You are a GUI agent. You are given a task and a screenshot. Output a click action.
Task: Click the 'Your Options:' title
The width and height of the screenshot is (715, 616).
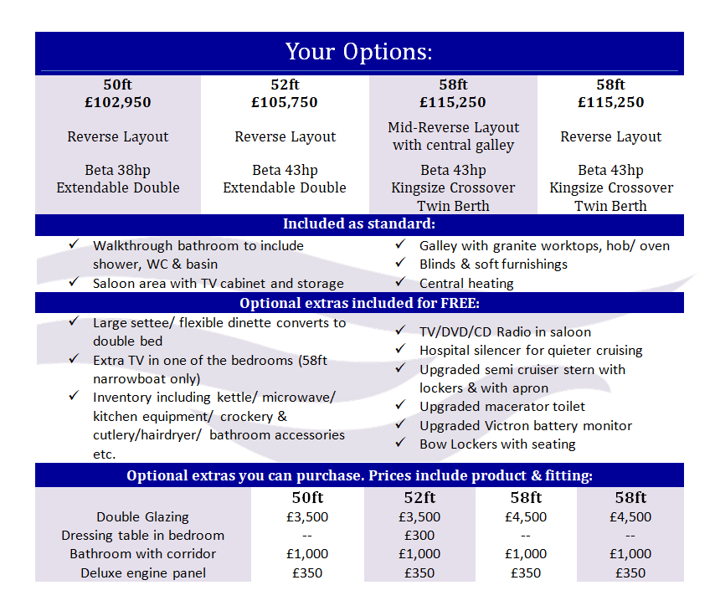[x=359, y=52]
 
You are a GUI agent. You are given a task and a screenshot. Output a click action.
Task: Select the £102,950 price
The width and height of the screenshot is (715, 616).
[x=117, y=103]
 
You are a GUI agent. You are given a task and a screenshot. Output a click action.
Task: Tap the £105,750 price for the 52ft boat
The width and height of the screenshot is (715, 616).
[x=285, y=103]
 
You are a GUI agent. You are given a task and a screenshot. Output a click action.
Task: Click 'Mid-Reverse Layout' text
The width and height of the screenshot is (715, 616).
[x=453, y=127]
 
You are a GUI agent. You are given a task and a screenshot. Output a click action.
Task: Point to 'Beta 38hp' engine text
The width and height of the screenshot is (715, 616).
[x=117, y=170]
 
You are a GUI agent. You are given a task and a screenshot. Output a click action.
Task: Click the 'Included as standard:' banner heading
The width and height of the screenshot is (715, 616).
[x=359, y=224]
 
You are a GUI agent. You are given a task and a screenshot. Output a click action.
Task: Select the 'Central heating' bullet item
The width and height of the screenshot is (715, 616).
[x=466, y=283]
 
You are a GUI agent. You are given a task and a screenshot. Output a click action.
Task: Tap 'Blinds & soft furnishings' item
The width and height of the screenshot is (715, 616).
[x=493, y=264]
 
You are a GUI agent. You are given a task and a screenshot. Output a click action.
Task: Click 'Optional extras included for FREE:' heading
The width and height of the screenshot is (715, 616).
[x=359, y=303]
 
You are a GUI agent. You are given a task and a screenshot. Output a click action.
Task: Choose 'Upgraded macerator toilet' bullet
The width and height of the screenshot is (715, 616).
[x=502, y=407]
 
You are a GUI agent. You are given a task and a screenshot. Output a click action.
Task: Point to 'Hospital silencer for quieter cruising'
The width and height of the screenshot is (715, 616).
[x=531, y=351]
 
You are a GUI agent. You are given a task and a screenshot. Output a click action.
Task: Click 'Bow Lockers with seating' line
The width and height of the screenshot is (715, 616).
[x=497, y=444]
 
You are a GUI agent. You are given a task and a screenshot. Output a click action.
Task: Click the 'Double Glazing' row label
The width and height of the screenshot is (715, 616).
[x=142, y=516]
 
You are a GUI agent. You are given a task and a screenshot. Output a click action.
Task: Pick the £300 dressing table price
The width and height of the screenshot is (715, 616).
[x=419, y=535]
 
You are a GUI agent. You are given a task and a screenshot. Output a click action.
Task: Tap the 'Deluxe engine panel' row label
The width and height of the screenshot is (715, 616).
[x=142, y=572]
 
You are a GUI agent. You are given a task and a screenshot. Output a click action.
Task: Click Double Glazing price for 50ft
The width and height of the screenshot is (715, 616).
[x=306, y=516]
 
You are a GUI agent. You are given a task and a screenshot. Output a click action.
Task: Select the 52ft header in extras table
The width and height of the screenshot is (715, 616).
[x=419, y=498]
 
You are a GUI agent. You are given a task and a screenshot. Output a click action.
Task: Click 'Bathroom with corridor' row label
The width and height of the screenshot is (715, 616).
[x=142, y=554]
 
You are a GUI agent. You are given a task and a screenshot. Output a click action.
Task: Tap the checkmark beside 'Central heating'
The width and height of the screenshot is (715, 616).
[x=400, y=282]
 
